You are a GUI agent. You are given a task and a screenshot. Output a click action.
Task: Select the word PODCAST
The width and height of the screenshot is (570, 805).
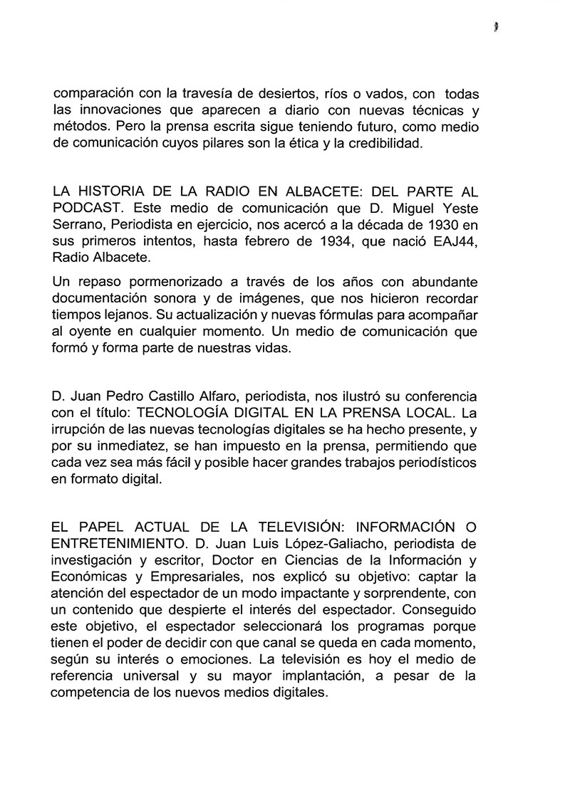tap(88, 211)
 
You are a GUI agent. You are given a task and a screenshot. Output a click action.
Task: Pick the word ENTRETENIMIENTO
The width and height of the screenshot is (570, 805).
tap(116, 544)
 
